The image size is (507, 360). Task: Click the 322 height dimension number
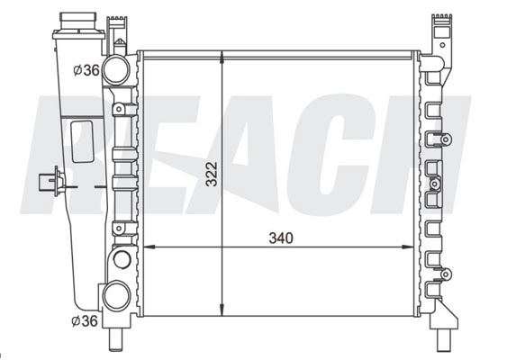point(213,175)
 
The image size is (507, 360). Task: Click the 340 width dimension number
point(281,238)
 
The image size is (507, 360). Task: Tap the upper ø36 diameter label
point(86,70)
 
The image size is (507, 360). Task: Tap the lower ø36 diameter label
point(85,321)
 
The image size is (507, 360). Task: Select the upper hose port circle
point(116,70)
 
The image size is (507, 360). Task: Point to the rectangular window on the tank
point(82,141)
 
